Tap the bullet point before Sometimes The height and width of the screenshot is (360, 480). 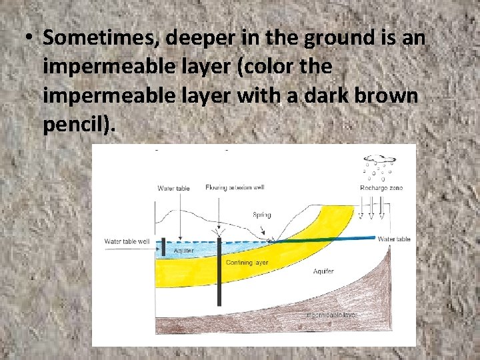[x=30, y=38]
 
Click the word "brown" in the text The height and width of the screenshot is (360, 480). [x=386, y=95]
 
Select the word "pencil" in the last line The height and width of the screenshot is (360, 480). [x=71, y=124]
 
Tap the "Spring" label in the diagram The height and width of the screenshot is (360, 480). [x=262, y=215]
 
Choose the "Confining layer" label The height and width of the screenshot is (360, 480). [x=247, y=263]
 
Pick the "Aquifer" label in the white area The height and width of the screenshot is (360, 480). [x=324, y=271]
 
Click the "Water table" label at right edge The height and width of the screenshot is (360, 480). [x=394, y=239]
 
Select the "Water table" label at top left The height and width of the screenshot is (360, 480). [x=173, y=188]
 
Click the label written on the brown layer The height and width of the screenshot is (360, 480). [x=331, y=314]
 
